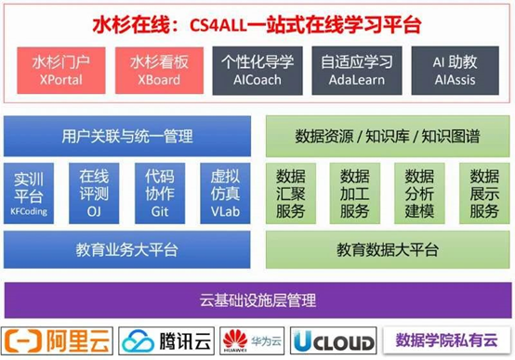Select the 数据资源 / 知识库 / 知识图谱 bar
388,137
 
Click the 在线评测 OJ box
94,193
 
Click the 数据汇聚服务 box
290,193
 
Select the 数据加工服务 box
354,193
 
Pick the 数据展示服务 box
484,193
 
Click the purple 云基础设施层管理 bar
257,300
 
